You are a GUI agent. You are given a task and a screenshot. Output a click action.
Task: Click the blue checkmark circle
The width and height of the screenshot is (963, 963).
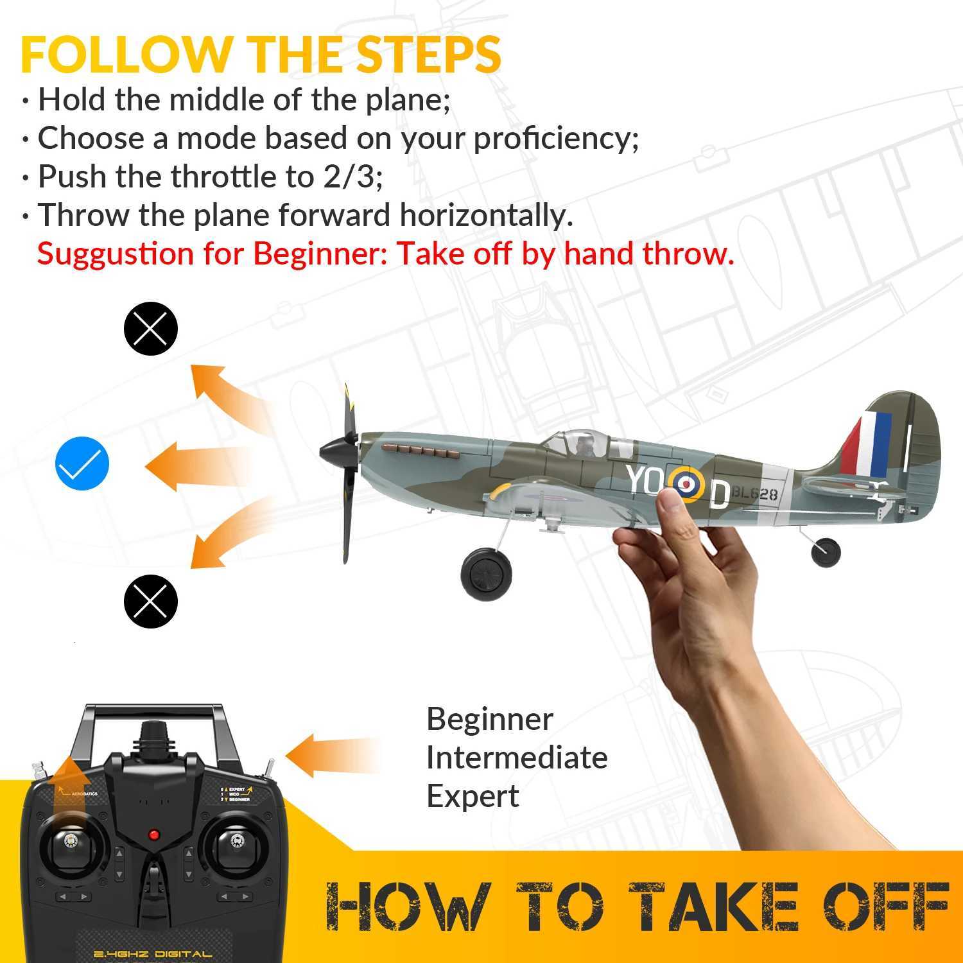point(83,464)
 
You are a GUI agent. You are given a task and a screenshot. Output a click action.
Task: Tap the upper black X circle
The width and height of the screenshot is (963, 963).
point(150,329)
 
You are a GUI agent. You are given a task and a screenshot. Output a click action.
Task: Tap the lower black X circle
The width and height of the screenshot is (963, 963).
point(150,601)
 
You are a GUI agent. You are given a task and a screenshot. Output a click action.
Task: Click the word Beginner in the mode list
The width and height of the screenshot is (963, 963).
point(489,720)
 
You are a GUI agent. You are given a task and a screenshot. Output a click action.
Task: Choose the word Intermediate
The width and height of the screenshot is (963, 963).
point(517,758)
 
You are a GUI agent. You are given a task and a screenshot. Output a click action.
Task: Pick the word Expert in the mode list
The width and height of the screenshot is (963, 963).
point(473,797)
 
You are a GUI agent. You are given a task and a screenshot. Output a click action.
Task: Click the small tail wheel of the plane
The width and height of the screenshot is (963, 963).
point(826,551)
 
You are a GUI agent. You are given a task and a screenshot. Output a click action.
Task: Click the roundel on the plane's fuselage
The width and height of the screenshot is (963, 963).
point(687,483)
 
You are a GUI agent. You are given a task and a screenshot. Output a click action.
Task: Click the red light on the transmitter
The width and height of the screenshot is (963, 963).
point(154,835)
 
